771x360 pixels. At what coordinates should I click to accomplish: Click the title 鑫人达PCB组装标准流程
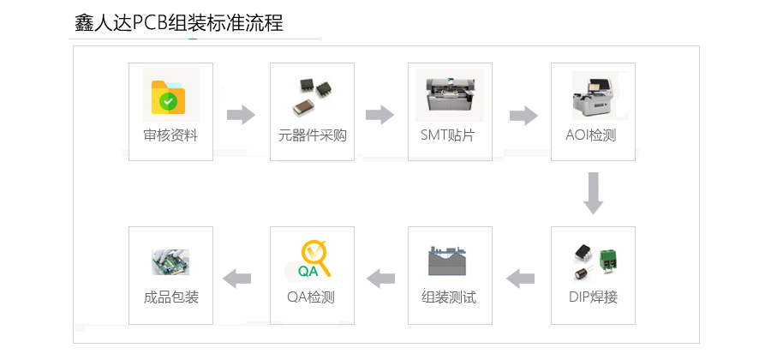[x=178, y=23]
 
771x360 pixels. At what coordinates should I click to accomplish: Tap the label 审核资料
[x=170, y=135]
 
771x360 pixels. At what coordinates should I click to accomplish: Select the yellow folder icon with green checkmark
[x=169, y=96]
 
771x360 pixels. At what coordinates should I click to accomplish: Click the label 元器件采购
[x=313, y=135]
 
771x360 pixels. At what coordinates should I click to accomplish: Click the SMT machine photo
[x=449, y=93]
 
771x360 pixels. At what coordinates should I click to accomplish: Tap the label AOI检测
[x=591, y=135]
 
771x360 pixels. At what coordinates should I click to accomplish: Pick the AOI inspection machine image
[x=595, y=94]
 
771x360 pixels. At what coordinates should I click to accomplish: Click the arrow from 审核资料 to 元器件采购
[x=242, y=115]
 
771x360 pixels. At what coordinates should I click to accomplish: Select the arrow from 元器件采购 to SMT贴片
[x=380, y=115]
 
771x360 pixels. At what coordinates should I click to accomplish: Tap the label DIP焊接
[x=593, y=297]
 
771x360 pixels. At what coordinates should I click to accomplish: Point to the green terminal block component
[x=608, y=258]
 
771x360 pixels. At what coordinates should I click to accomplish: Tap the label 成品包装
[x=170, y=297]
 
